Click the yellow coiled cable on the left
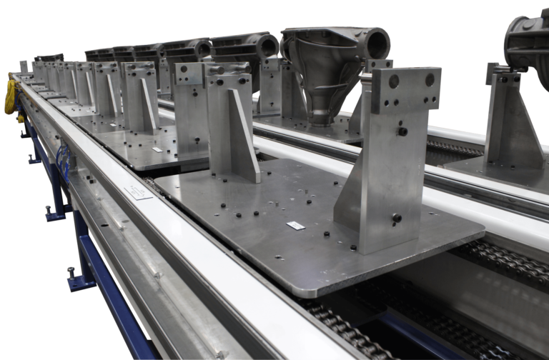click(x=10, y=99)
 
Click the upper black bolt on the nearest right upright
click(x=402, y=131)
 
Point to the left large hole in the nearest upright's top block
click(x=394, y=81)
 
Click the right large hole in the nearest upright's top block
click(x=430, y=80)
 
